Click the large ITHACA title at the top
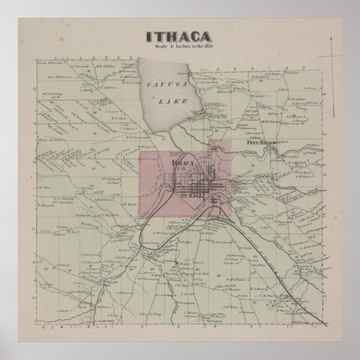click(179, 36)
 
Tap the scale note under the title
click(179, 47)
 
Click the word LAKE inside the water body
click(167, 102)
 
